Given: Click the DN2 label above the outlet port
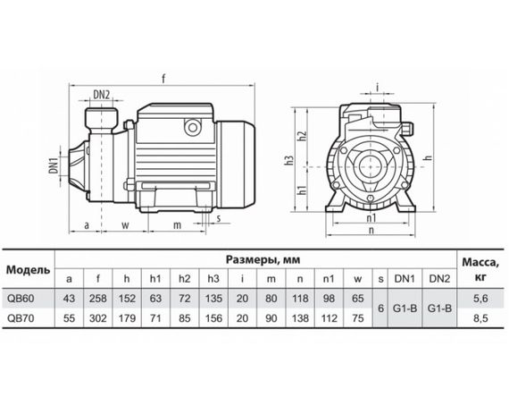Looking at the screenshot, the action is pyautogui.click(x=102, y=95).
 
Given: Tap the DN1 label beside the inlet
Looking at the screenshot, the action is pyautogui.click(x=54, y=165).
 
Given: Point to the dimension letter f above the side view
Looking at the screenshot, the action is pyautogui.click(x=163, y=79).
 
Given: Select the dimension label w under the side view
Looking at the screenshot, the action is pyautogui.click(x=125, y=224).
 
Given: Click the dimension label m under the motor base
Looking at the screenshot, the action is pyautogui.click(x=177, y=224).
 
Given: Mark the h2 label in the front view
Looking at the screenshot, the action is pyautogui.click(x=302, y=136).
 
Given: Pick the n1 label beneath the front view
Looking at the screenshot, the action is pyautogui.click(x=371, y=218).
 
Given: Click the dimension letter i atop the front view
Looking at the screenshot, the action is pyautogui.click(x=377, y=87).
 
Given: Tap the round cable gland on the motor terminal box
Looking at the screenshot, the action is pyautogui.click(x=193, y=127).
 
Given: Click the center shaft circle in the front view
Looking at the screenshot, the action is pyautogui.click(x=370, y=166).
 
